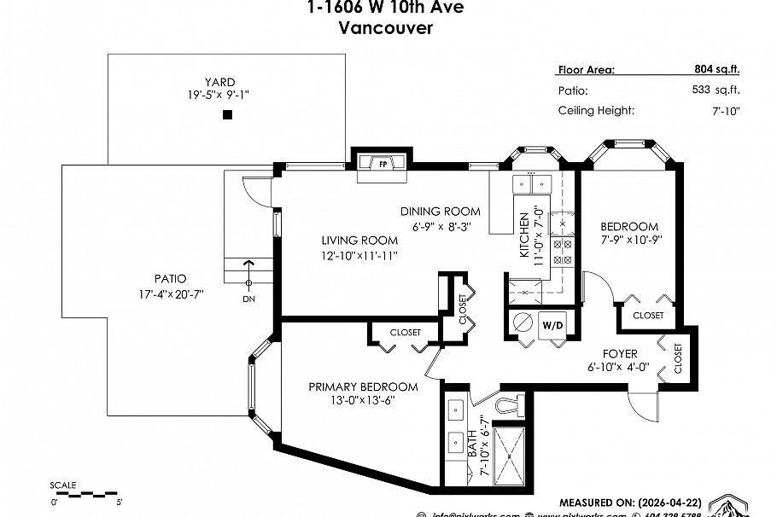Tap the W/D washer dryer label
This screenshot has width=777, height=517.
552,325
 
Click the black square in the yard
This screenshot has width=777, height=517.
227,115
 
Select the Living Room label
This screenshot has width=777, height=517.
359,241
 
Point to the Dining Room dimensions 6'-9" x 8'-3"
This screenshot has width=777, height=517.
441,226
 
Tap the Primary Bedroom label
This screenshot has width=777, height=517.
363,386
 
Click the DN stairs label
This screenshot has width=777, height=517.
249,299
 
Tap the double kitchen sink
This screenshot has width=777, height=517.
530,183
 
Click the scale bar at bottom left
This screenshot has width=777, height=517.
85,492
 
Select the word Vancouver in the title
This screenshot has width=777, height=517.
385,27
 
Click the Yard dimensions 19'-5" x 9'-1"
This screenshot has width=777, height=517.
225,96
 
